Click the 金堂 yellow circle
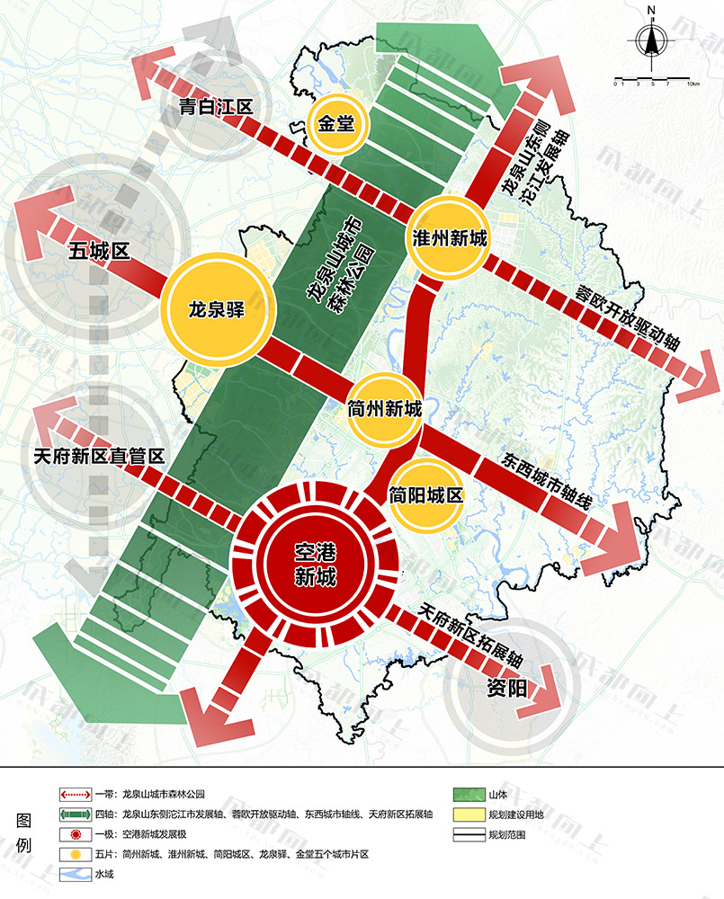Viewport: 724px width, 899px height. pos(335,123)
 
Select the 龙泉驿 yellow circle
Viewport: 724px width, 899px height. pos(217,310)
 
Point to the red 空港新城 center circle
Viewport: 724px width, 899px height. pos(315,565)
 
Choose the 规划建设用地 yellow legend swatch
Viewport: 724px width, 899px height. pos(467,814)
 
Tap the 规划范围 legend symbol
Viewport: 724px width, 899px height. pos(467,835)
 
